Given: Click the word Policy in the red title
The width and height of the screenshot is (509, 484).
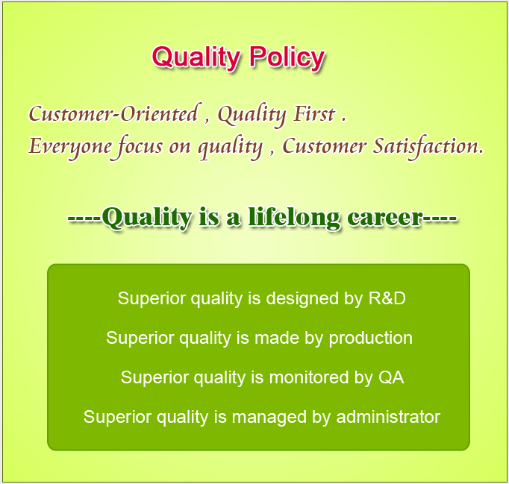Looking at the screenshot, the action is tap(287, 58).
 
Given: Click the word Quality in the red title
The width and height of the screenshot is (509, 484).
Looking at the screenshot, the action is tap(196, 58).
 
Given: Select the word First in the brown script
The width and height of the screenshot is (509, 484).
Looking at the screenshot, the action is tap(314, 114).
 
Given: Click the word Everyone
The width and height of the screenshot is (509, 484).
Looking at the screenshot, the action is tap(70, 148).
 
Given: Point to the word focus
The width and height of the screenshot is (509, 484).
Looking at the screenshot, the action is tap(140, 147).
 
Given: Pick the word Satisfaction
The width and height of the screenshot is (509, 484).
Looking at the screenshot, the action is tap(428, 147).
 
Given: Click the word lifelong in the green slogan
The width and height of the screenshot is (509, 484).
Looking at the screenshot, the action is tap(294, 218).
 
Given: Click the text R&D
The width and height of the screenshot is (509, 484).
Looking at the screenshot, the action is tap(387, 298).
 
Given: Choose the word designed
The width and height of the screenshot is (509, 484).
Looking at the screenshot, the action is tap(302, 299).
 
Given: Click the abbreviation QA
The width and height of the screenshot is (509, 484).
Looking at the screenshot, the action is tap(391, 377).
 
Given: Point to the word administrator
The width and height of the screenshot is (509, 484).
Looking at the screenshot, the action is tap(388, 417).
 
